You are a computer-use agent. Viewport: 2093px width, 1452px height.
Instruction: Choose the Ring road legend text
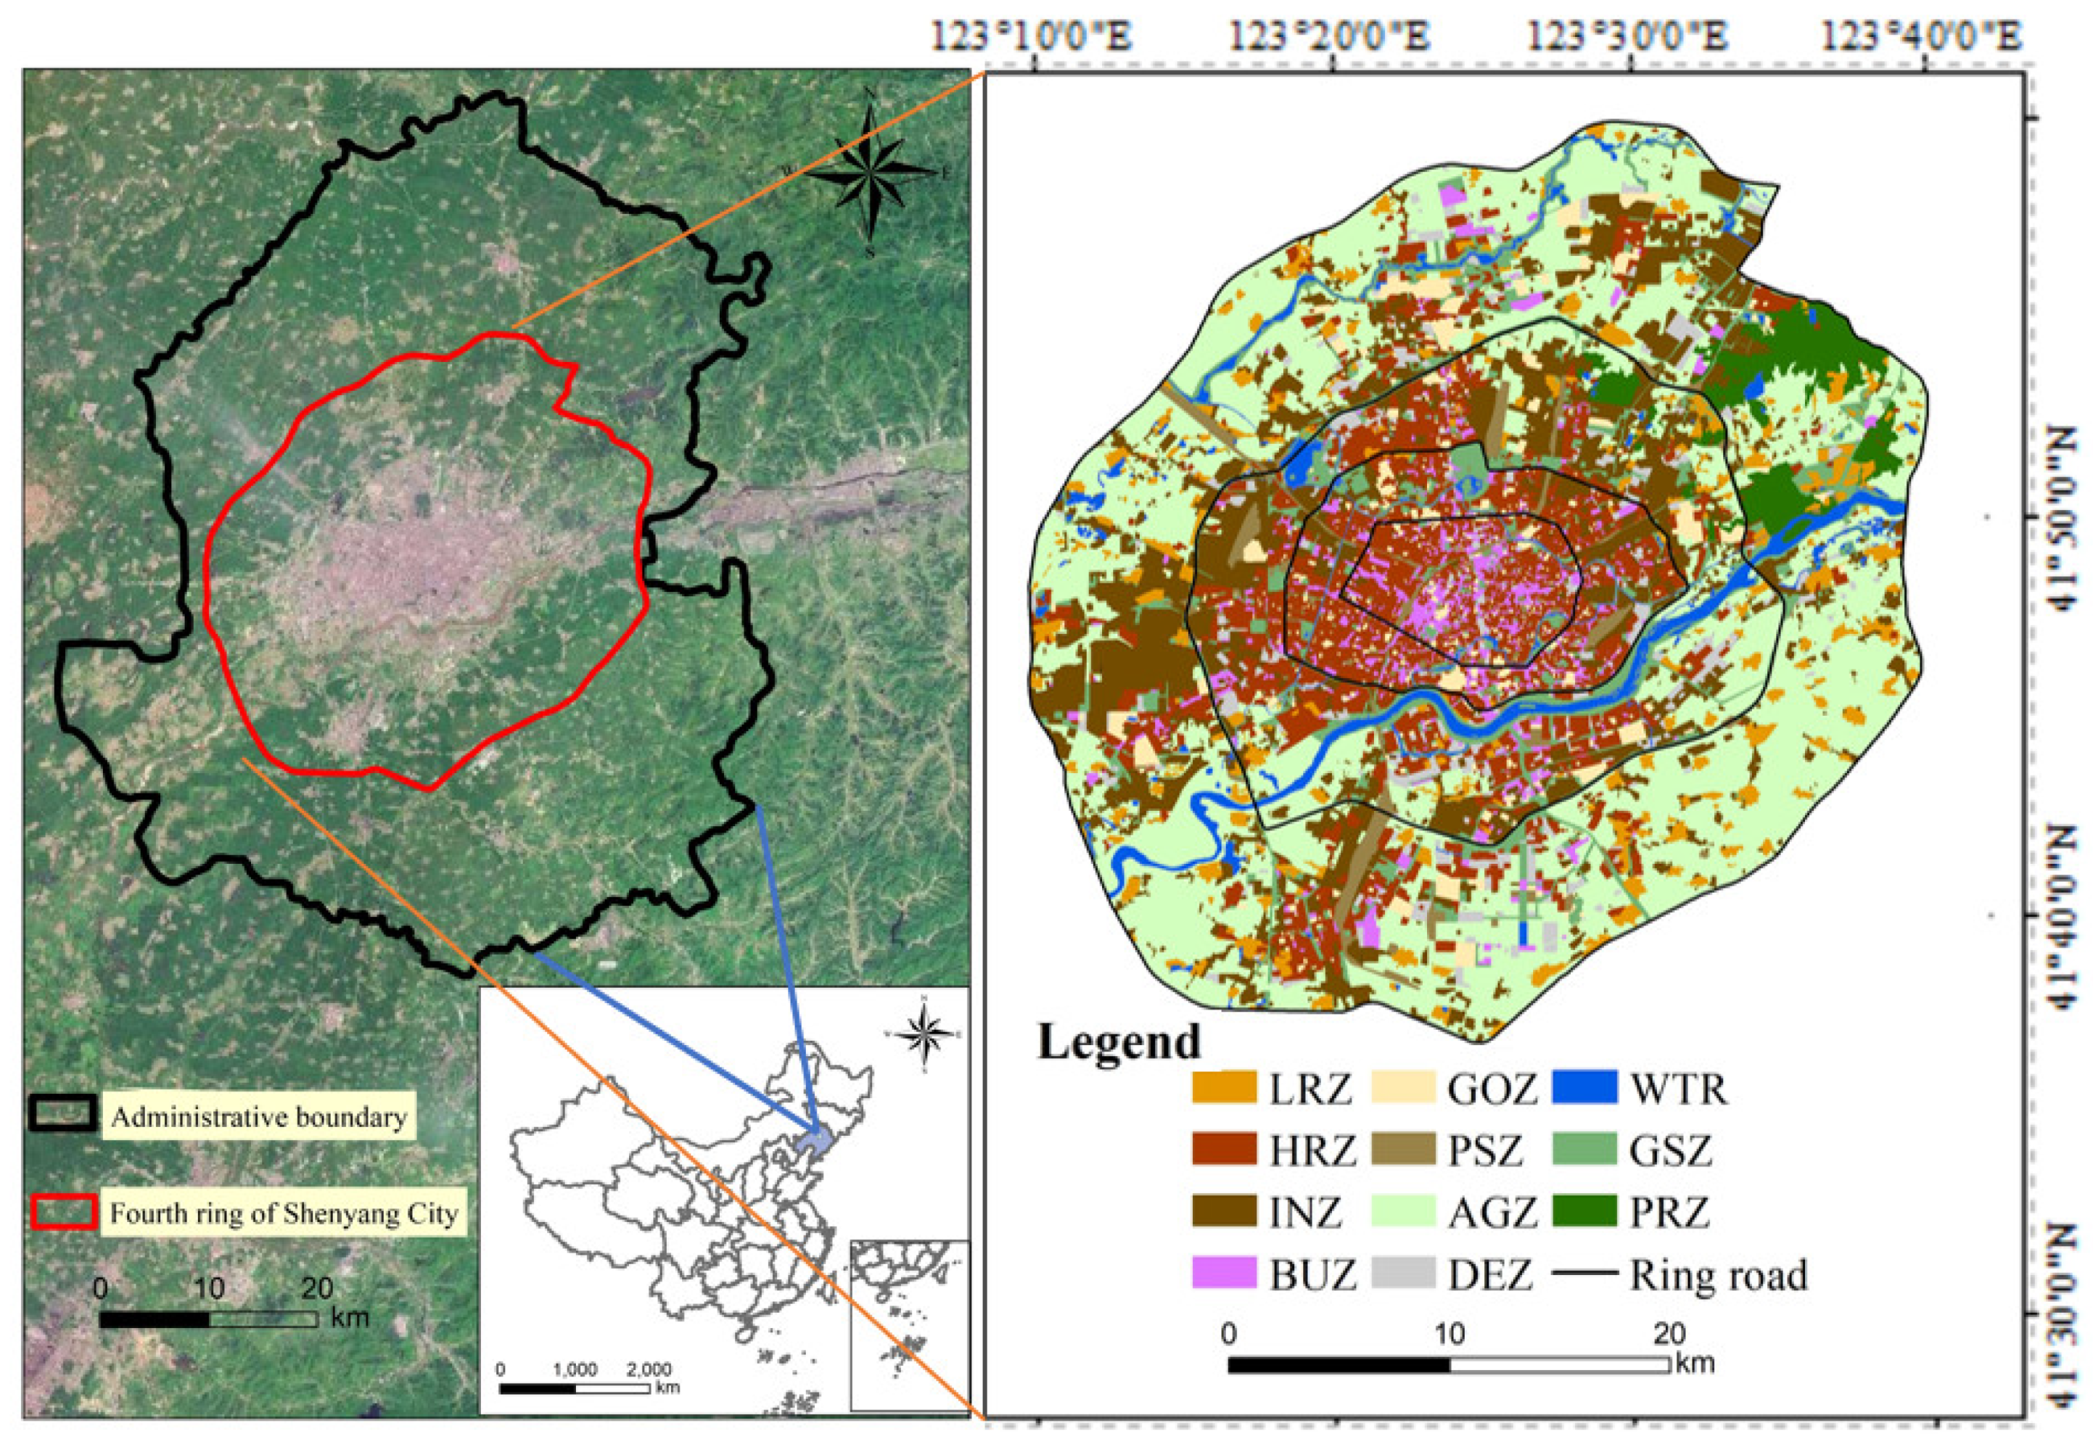1717,1274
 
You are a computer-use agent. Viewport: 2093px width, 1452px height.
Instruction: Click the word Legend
1119,1041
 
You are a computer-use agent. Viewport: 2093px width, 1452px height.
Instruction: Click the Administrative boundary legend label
258,1117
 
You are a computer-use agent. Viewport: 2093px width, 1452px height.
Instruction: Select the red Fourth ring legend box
65,1212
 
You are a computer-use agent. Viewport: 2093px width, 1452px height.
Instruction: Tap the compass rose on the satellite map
870,170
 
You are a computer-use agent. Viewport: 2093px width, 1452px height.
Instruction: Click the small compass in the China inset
924,1034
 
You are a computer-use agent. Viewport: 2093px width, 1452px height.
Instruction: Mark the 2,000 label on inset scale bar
648,1369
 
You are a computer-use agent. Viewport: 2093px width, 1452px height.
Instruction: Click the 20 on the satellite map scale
317,1288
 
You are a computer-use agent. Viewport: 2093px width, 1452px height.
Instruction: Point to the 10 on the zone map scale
1449,1335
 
